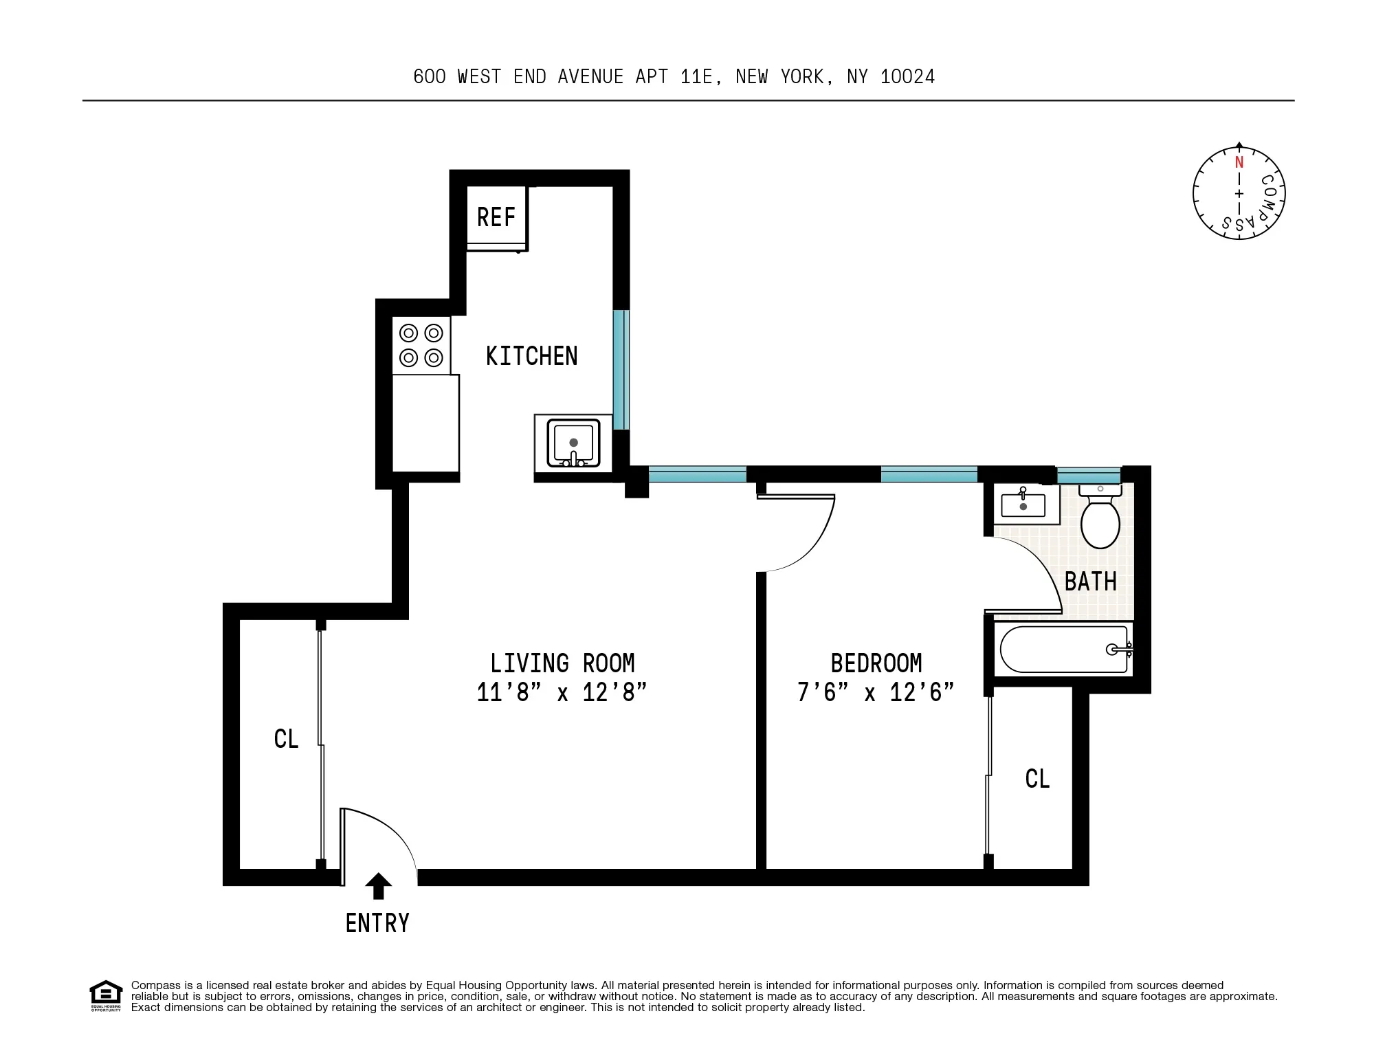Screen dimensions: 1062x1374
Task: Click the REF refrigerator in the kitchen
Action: coord(496,217)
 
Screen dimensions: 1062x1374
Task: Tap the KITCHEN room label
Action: coord(531,356)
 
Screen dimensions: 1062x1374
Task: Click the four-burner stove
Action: coord(421,346)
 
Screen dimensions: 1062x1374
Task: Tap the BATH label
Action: coord(1090,582)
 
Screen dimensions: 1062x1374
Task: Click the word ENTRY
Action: coord(377,923)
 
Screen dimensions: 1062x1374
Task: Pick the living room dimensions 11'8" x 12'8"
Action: coord(562,692)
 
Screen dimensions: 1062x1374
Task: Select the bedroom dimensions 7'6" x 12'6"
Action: coord(876,692)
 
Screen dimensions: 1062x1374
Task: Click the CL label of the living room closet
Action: coord(286,739)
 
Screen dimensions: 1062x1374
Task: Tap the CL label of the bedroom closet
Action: coord(1037,779)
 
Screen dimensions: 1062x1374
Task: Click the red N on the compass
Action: coord(1239,163)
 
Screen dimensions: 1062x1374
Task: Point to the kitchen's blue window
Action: coord(621,369)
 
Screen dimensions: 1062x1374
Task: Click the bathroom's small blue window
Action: coord(1088,474)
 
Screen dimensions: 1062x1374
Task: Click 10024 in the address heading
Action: coord(907,77)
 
